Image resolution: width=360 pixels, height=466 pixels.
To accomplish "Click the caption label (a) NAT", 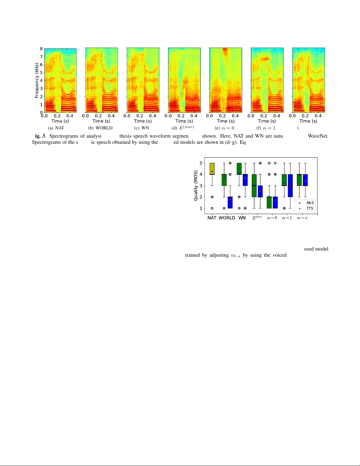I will [x=56, y=128].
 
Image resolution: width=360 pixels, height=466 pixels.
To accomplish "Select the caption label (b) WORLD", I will [x=100, y=128].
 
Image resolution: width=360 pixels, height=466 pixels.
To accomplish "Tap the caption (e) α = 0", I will [x=225, y=128].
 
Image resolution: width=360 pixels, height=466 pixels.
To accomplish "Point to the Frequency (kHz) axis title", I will [x=37, y=80].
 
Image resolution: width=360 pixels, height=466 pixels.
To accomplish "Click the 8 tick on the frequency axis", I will [x=41, y=49].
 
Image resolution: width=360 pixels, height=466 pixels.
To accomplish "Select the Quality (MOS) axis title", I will [x=196, y=186].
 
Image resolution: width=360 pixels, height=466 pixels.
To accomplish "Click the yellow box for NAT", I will [x=212, y=169].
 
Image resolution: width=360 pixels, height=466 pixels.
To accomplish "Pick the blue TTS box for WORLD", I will [x=230, y=203].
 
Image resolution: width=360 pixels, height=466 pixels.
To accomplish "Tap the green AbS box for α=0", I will [x=269, y=203].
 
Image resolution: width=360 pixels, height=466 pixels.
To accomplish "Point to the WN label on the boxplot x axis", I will [x=242, y=218].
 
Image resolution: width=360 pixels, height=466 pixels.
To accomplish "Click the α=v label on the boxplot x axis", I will [x=302, y=218].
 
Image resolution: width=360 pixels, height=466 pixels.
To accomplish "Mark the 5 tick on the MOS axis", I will [x=201, y=163].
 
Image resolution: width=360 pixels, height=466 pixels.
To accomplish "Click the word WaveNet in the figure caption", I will [x=318, y=136].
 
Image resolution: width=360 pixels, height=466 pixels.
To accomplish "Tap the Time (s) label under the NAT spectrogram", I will [x=60, y=121].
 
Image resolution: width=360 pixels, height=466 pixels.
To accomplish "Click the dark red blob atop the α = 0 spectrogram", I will [x=225, y=51].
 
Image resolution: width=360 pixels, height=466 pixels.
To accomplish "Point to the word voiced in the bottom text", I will [x=279, y=255].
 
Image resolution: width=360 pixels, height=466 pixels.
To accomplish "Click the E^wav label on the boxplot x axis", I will [x=257, y=218].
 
